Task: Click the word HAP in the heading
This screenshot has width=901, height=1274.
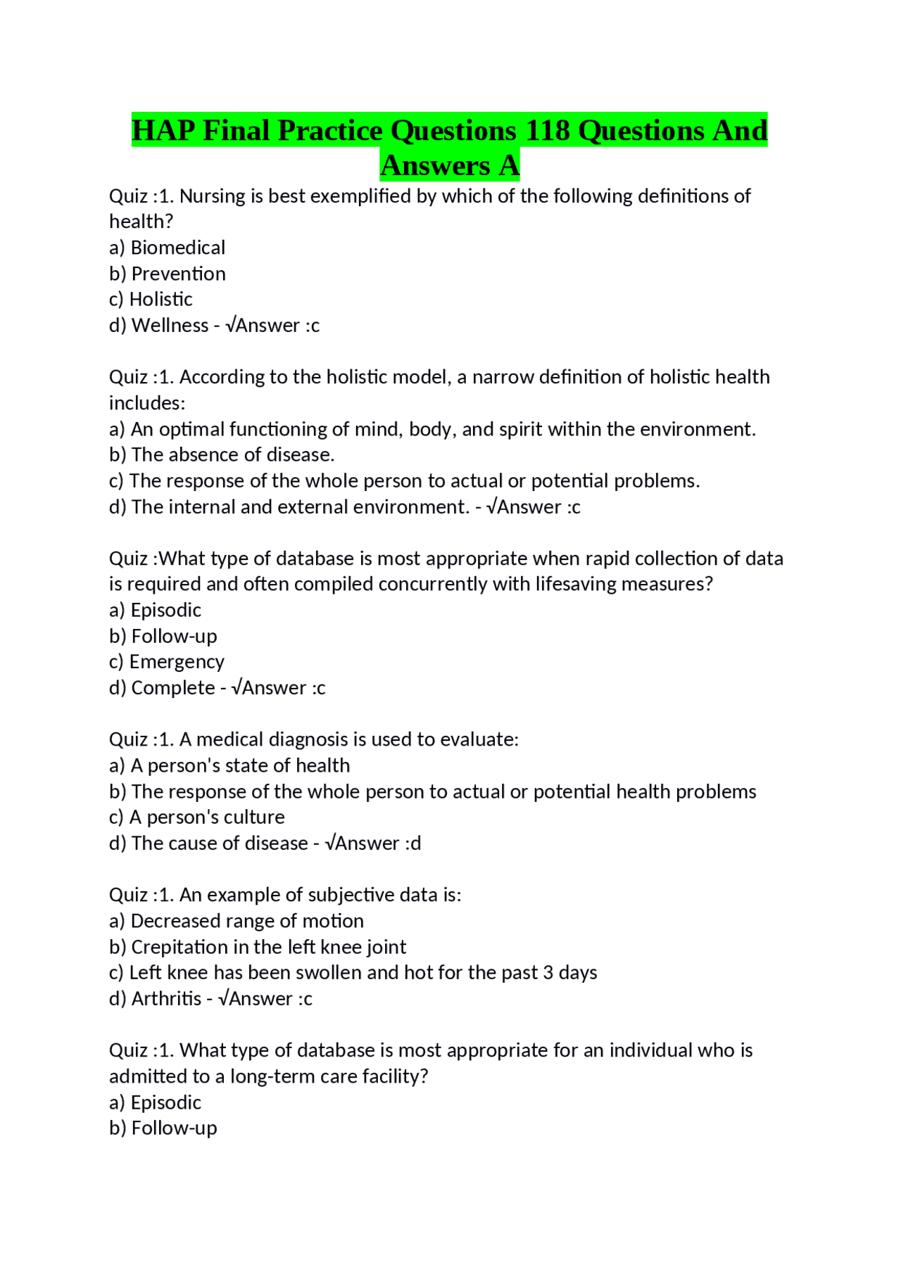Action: tap(162, 131)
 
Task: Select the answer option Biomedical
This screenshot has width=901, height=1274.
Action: tap(177, 248)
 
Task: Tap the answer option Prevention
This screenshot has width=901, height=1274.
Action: tap(178, 274)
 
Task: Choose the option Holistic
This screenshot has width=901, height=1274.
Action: tap(160, 300)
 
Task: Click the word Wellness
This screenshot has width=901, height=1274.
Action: tap(170, 326)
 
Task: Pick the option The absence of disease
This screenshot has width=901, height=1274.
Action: tap(232, 455)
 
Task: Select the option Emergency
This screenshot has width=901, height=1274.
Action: tap(177, 662)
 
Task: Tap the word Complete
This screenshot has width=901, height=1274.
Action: tap(173, 688)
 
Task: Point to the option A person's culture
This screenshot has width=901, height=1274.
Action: tap(207, 817)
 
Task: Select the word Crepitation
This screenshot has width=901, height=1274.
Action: tap(179, 947)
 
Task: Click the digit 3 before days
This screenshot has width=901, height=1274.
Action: tap(548, 973)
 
